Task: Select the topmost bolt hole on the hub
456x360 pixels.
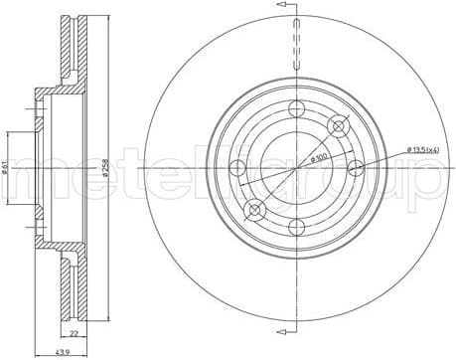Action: (296, 109)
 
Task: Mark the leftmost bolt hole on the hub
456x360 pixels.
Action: (238, 169)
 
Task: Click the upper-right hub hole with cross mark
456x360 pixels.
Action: (340, 124)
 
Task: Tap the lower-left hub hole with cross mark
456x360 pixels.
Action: (254, 210)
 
